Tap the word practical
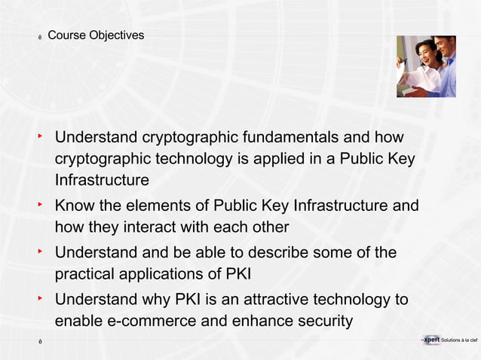coord(85,273)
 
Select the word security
coord(323,322)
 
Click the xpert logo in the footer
coord(431,340)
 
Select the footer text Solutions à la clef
coord(459,341)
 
